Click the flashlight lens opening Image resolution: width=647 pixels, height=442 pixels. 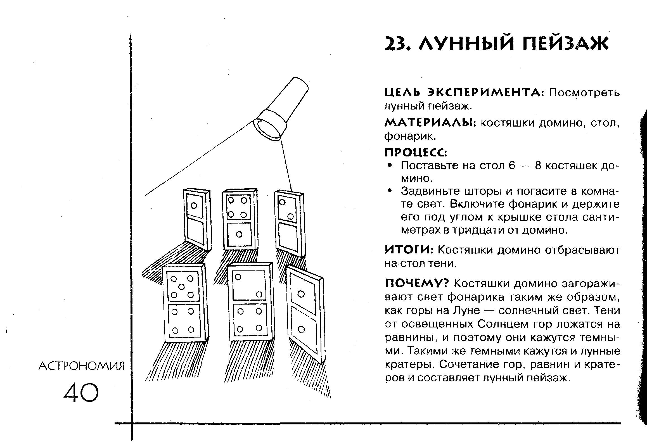[x=267, y=129]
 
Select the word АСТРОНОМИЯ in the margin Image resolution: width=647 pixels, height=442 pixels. [x=81, y=366]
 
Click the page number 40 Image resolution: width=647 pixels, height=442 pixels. [x=81, y=393]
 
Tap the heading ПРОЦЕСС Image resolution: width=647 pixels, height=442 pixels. [x=416, y=152]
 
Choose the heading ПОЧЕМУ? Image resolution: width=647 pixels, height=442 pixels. [x=417, y=283]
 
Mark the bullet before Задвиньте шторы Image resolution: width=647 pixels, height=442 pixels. [x=390, y=191]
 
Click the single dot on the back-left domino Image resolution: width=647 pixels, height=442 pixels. [x=194, y=206]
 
